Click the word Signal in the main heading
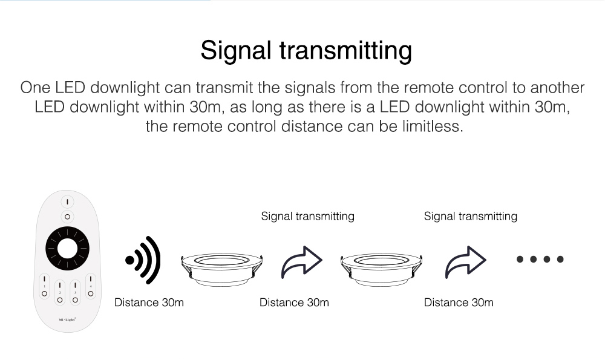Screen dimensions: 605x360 (x=236, y=51)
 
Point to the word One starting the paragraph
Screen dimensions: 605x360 (x=35, y=88)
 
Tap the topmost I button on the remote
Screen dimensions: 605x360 (x=68, y=202)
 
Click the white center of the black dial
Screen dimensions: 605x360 (x=68, y=249)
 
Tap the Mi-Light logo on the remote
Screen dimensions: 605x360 (x=67, y=319)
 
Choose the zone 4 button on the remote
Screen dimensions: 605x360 (x=91, y=286)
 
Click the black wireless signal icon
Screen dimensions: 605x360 (x=143, y=260)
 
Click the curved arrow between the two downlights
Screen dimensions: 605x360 (x=301, y=262)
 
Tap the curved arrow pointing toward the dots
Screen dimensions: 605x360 (x=465, y=262)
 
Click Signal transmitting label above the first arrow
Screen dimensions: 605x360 (x=307, y=216)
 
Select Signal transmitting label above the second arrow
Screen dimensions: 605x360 (x=470, y=216)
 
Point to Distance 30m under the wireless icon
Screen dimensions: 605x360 (x=149, y=303)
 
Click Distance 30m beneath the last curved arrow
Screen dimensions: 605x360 (x=459, y=303)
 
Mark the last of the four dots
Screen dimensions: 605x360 (x=560, y=260)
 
